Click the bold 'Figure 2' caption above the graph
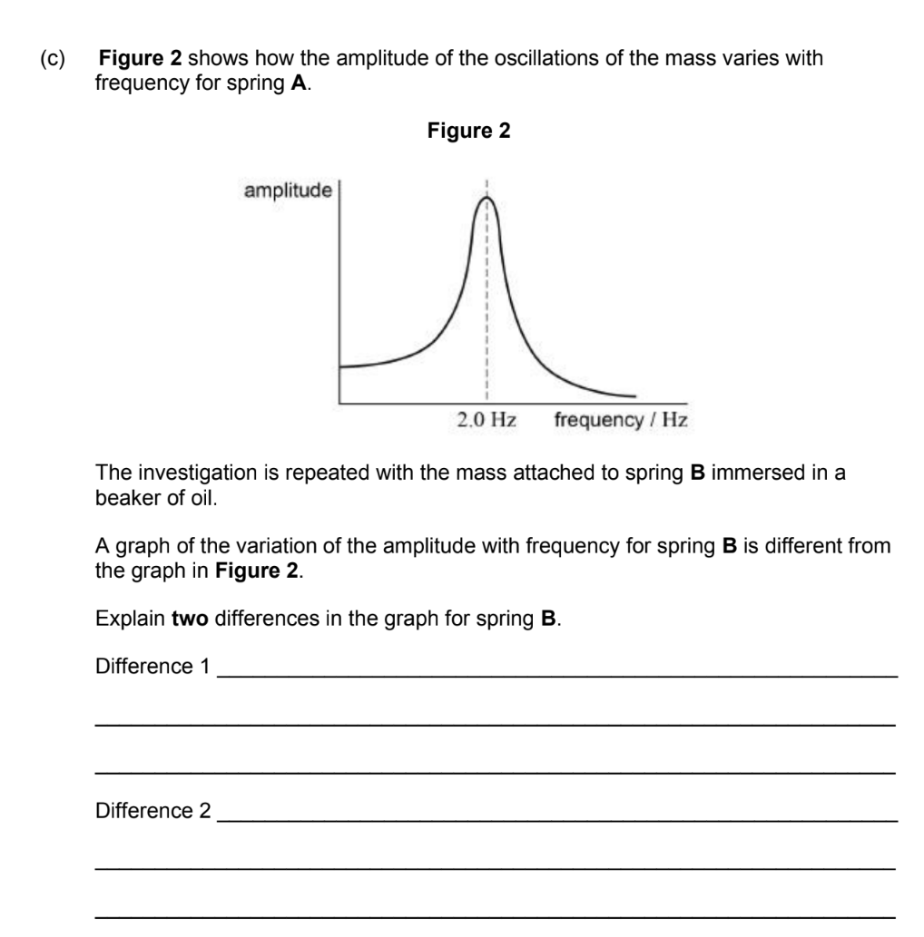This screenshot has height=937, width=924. click(x=468, y=132)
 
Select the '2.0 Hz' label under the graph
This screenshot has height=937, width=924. click(x=487, y=420)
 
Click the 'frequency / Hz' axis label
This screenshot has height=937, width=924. click(x=620, y=420)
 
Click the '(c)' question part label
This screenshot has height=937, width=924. click(x=53, y=59)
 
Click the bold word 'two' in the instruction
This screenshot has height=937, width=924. click(x=191, y=619)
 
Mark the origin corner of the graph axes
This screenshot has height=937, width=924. click(x=339, y=402)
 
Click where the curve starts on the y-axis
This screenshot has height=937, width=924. click(x=340, y=366)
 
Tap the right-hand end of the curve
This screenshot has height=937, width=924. click(x=634, y=395)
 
